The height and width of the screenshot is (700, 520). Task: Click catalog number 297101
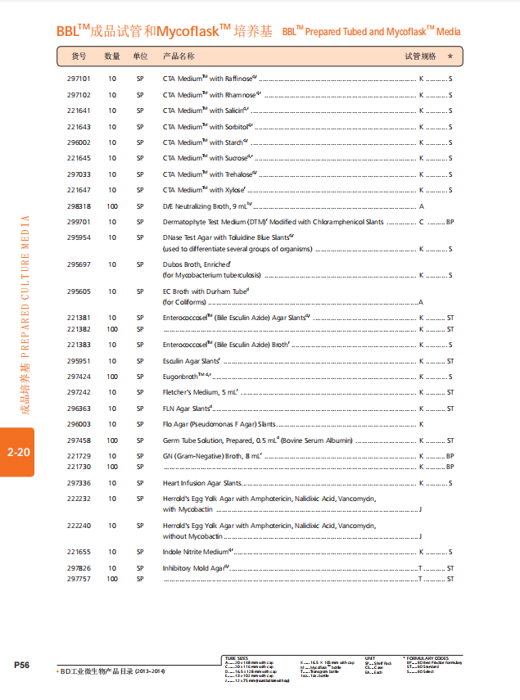coord(79,79)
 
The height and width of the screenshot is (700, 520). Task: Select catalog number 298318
coord(79,206)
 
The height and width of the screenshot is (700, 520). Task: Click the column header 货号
coord(79,56)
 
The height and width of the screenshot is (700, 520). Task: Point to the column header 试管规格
coord(421,56)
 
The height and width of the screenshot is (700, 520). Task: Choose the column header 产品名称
coord(179,56)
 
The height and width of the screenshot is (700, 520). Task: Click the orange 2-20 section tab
coord(17,451)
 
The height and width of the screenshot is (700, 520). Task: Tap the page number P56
coord(21,665)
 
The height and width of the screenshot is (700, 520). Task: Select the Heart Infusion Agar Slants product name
coord(202,483)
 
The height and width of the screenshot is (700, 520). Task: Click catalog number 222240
coord(79,526)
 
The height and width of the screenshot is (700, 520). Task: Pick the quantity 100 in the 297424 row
coord(112,377)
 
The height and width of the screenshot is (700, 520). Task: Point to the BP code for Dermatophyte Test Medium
coord(450,222)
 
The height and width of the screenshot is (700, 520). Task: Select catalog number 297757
coord(79,578)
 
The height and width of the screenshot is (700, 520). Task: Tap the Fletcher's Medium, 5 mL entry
coord(200,392)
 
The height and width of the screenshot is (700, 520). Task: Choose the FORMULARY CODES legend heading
coord(430,657)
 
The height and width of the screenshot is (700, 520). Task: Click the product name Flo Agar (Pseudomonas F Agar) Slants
coord(219,424)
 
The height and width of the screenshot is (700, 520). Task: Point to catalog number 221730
coord(79,466)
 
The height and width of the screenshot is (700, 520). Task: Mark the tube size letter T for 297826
coord(421,568)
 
